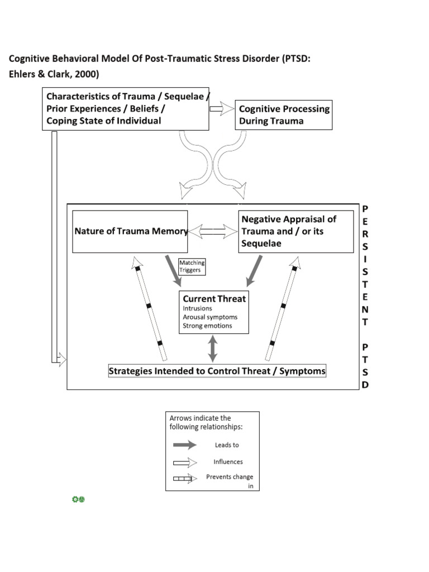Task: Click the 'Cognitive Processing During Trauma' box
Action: point(284,115)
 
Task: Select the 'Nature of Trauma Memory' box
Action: point(130,231)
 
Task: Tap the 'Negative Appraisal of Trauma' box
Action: point(296,231)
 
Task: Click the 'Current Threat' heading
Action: point(214,299)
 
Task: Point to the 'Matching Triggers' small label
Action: point(192,266)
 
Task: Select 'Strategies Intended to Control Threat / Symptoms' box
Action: point(217,371)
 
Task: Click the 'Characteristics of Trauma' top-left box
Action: point(126,109)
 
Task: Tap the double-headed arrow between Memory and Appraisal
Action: point(213,231)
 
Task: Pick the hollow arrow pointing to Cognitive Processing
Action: point(222,109)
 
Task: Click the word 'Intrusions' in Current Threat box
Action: point(198,308)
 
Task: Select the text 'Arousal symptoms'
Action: point(209,317)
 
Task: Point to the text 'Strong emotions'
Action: point(207,326)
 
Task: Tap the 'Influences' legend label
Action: point(228,462)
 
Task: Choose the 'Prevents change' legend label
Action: point(230,477)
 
